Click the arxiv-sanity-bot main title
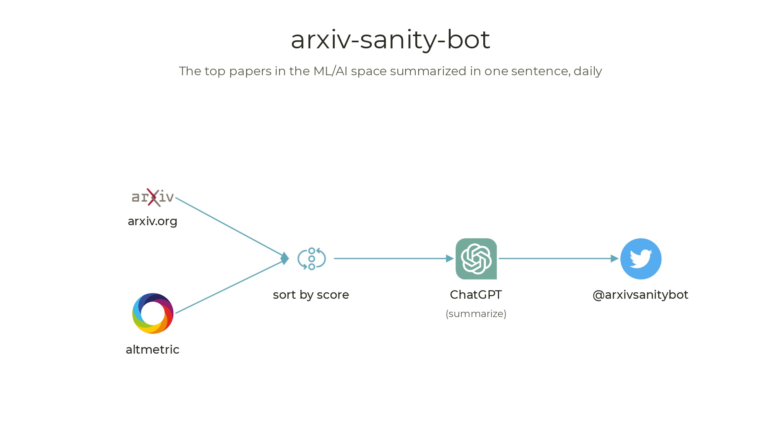[390, 39]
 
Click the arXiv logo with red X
[153, 198]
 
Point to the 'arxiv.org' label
[153, 221]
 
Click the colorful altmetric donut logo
[153, 313]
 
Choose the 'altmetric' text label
[153, 350]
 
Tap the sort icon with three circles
[312, 259]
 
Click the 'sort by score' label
[311, 295]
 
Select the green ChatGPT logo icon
[476, 259]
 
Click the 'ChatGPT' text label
[476, 295]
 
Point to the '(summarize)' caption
[476, 314]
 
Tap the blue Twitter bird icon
[641, 259]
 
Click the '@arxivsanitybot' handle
[640, 295]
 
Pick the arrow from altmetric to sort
[230, 287]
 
